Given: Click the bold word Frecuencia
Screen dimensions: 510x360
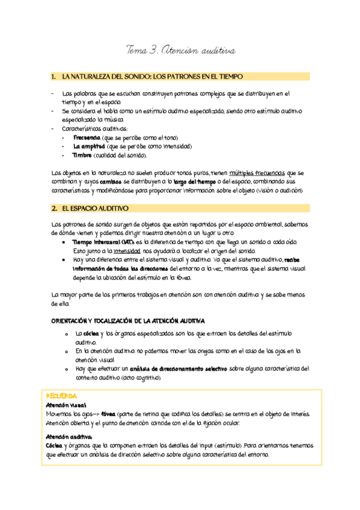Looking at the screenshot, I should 86,138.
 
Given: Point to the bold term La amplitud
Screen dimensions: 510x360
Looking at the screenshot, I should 90,146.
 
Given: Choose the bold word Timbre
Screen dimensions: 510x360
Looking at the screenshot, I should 82,155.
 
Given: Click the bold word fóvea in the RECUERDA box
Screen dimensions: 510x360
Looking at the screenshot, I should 108,414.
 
